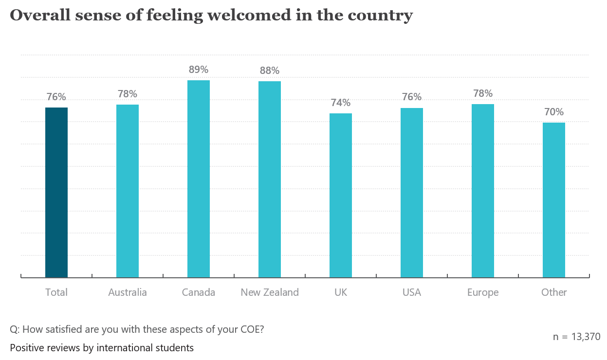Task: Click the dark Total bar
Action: (56, 192)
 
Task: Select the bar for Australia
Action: (128, 191)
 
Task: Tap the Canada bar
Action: (199, 179)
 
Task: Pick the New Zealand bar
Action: (270, 179)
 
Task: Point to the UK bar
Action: (341, 195)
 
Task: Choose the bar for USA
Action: (412, 192)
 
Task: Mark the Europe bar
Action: (483, 190)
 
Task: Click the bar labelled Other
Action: (554, 199)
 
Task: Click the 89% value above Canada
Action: (199, 70)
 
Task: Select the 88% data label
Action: (270, 71)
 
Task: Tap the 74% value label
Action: (341, 103)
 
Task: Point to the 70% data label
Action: (554, 112)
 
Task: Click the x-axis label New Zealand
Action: (270, 292)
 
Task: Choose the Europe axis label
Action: (483, 292)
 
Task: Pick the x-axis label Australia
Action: (128, 292)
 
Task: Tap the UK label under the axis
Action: (341, 292)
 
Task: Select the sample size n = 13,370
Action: (576, 337)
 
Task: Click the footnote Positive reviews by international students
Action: (102, 348)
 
